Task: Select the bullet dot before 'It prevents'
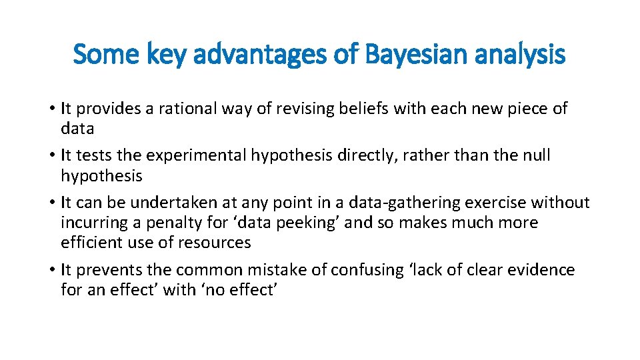click(x=51, y=270)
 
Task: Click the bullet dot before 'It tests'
click(x=51, y=155)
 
